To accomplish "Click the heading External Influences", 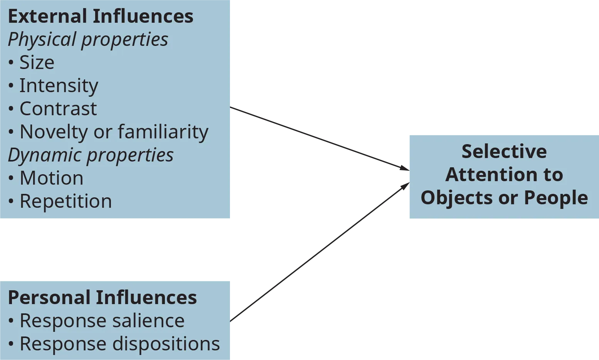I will coord(101,17).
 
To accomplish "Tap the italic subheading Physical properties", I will coord(88,40).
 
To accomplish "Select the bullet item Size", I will coord(37,62).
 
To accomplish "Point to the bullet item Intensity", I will coord(59,86).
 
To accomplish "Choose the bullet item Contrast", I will coord(58,109).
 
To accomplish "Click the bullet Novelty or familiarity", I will coord(114,132).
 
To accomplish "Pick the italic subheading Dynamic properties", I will coord(91,155).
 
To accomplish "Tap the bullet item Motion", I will coord(51,178).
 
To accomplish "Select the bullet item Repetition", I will coord(65,201).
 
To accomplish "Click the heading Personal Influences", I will coord(102,298).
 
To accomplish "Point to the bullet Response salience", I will coord(102,321).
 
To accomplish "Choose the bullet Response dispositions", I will coord(119,344).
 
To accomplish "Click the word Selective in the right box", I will coord(504,151).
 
